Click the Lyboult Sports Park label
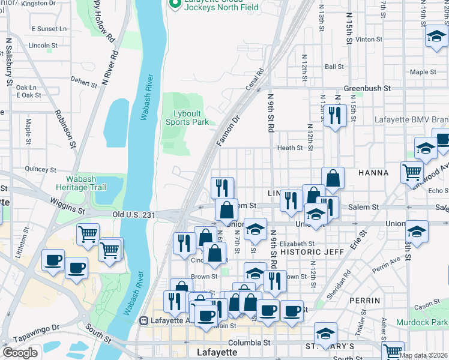tap(187, 118)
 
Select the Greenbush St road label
tap(367, 88)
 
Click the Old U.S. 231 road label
tap(134, 214)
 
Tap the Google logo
tap(20, 353)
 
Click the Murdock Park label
tap(422, 322)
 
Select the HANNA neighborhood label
tap(373, 173)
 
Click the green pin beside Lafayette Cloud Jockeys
tap(175, 5)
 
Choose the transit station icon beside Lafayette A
tap(144, 320)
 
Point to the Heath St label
tap(289, 148)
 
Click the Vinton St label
tap(369, 39)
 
